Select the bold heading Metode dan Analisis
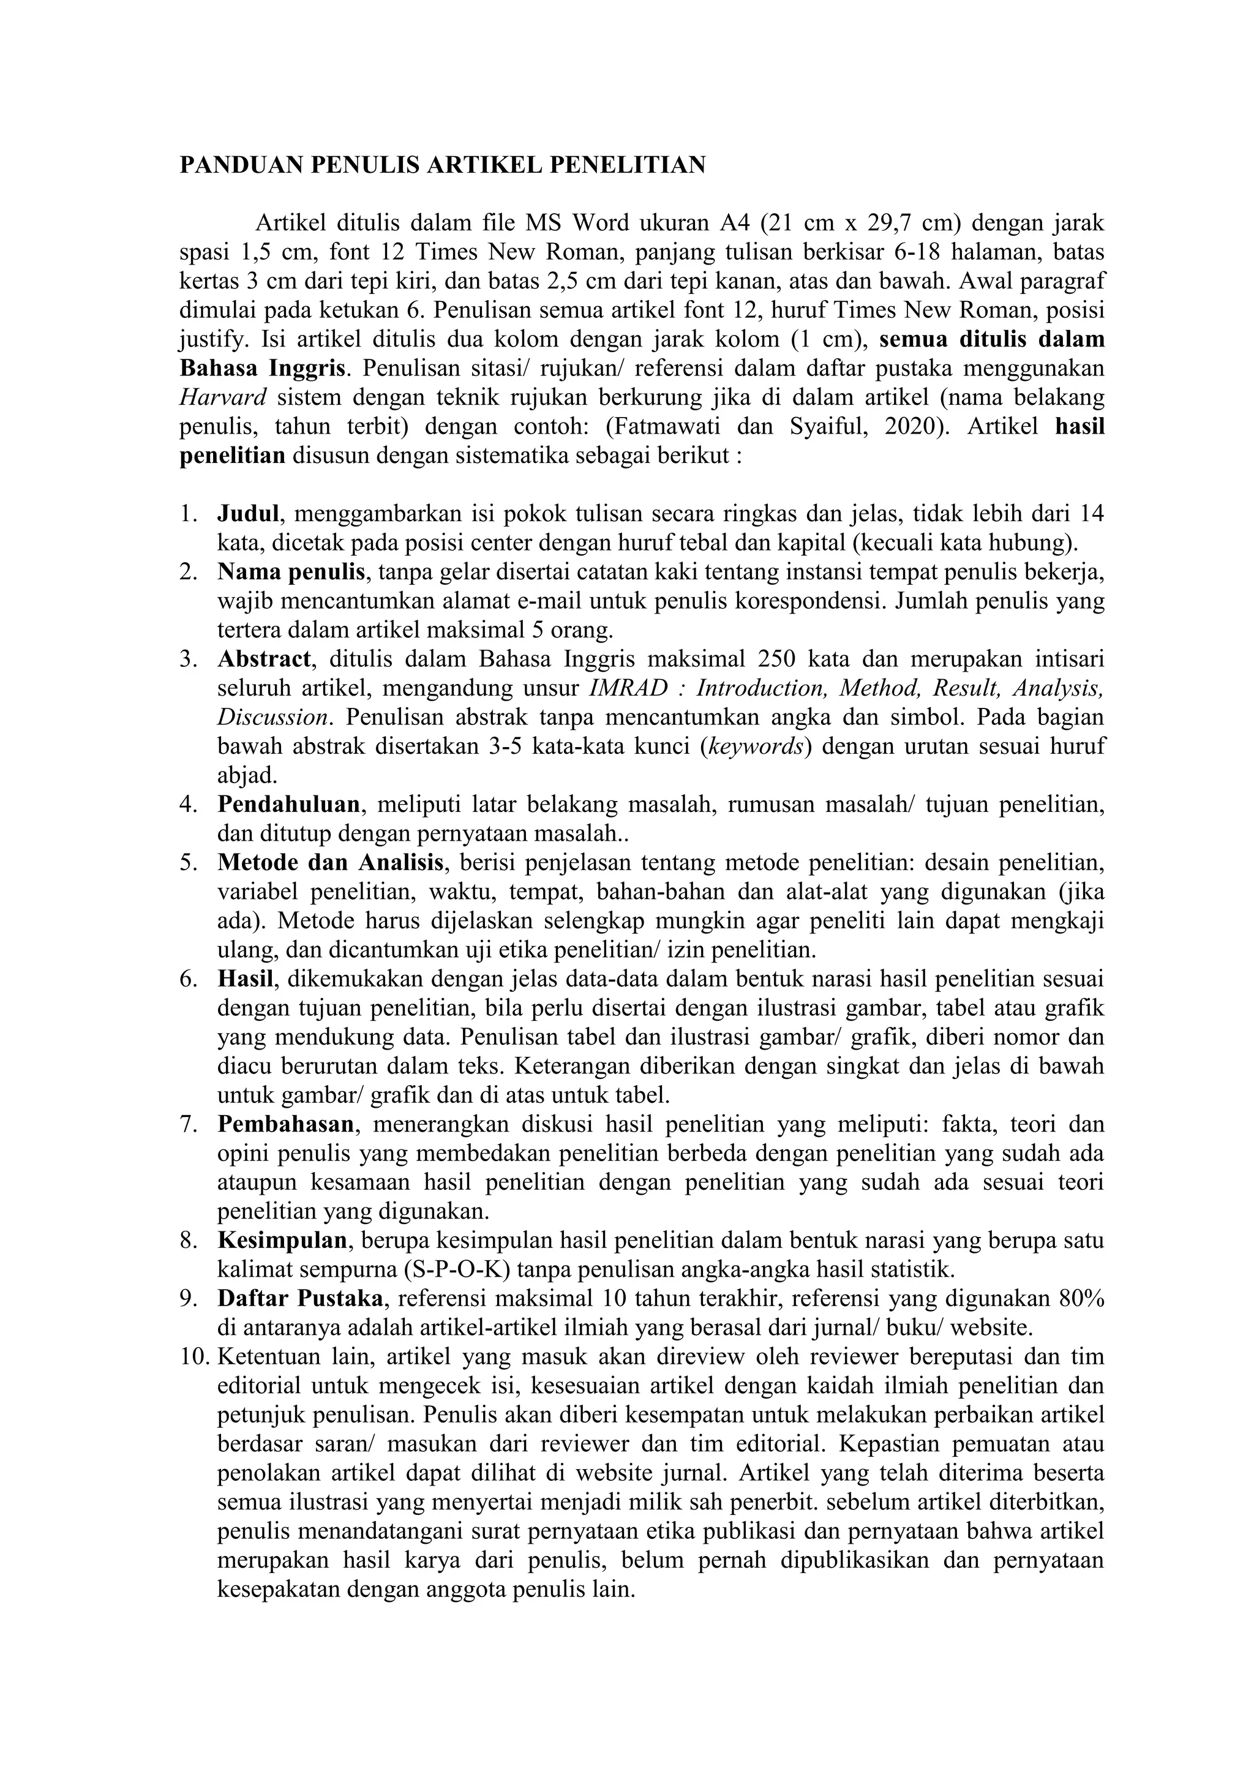pos(331,862)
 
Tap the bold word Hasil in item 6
pos(245,979)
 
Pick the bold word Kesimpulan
pos(282,1241)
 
